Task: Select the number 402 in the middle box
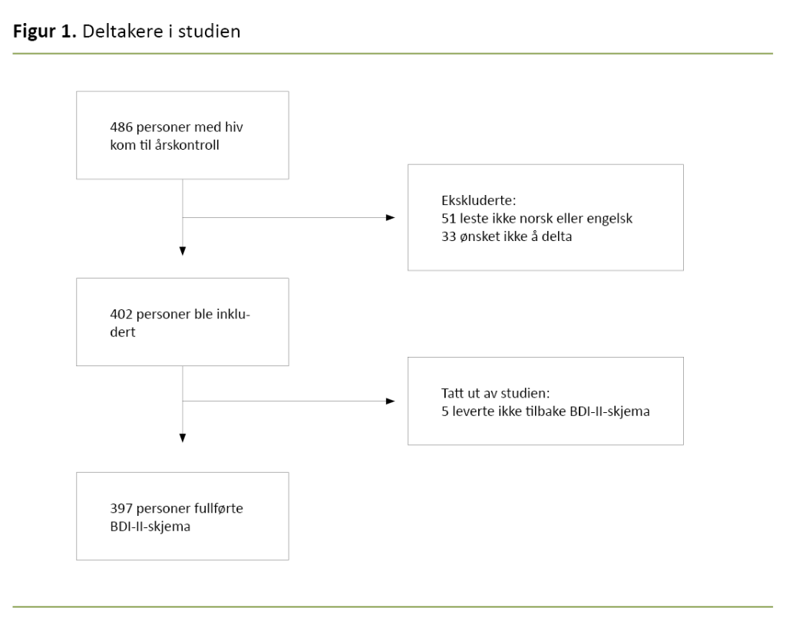(121, 314)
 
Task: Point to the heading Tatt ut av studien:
(484, 394)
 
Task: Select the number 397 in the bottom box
(121, 508)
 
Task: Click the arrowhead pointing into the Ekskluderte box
(390, 218)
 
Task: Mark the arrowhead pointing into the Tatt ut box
(390, 401)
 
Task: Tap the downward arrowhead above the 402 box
(183, 250)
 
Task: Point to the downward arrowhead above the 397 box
(183, 438)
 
